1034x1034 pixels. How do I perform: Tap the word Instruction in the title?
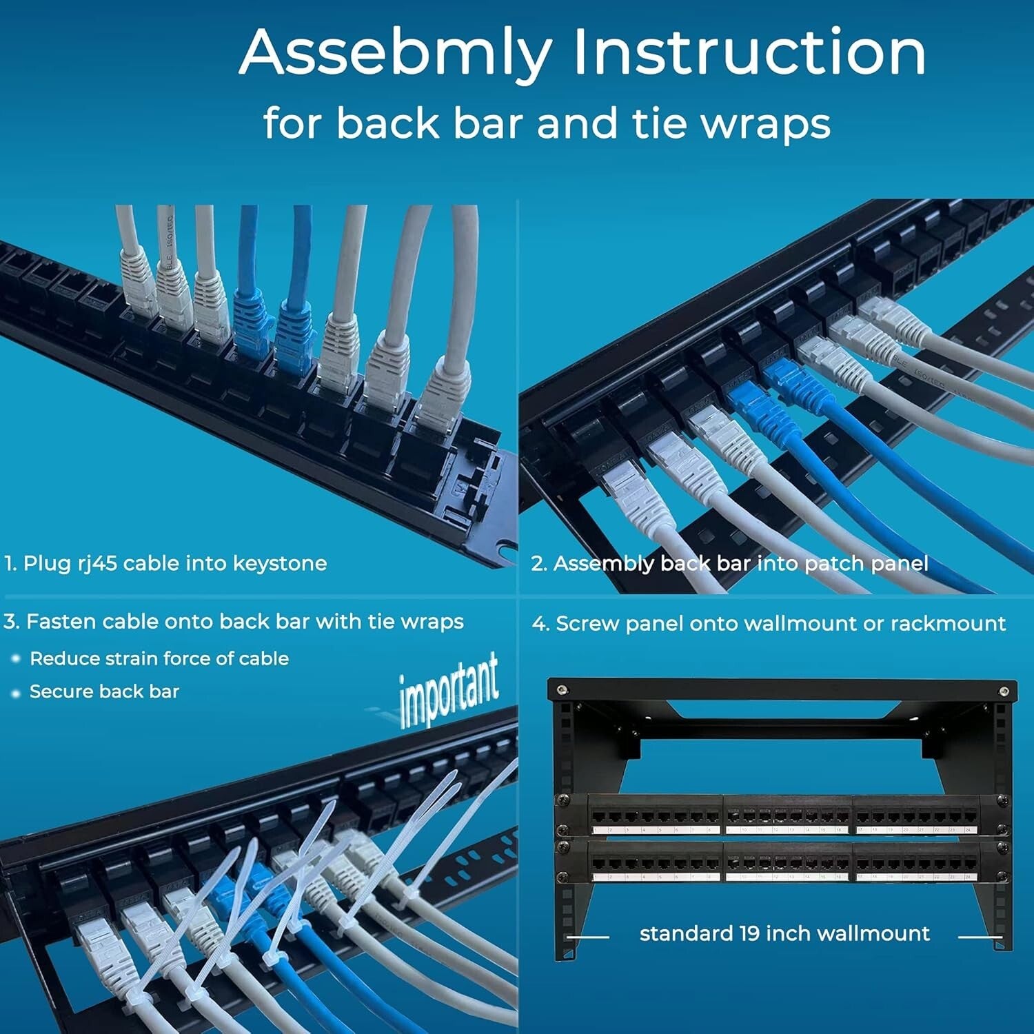click(749, 52)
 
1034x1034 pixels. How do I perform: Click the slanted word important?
click(449, 690)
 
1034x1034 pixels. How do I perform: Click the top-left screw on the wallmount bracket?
click(562, 690)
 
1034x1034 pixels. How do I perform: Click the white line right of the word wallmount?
click(980, 937)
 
